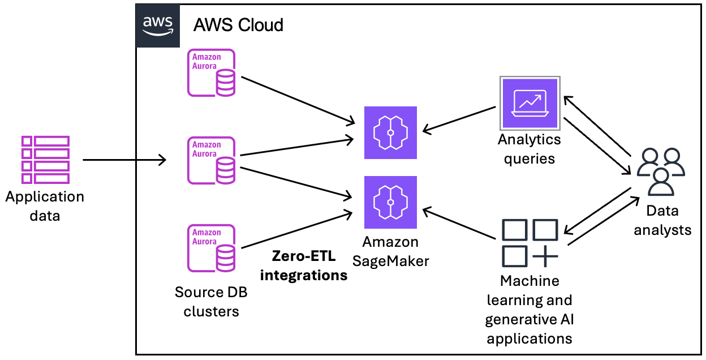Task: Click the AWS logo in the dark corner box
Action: pyautogui.click(x=157, y=25)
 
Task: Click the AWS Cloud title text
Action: pyautogui.click(x=238, y=25)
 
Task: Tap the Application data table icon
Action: pyautogui.click(x=45, y=160)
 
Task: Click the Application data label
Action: pyautogui.click(x=45, y=206)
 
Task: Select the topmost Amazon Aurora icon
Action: pyautogui.click(x=212, y=72)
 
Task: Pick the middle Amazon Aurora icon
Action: pyautogui.click(x=212, y=160)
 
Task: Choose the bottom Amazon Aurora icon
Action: pyautogui.click(x=212, y=248)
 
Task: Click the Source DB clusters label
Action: pyautogui.click(x=211, y=302)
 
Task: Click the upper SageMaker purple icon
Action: pyautogui.click(x=390, y=132)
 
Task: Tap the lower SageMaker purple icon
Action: pyautogui.click(x=390, y=202)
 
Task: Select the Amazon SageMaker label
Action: pyautogui.click(x=391, y=251)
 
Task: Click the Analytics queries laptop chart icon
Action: pyautogui.click(x=529, y=104)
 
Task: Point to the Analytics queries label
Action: pyautogui.click(x=529, y=148)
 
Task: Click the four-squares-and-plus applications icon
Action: pyautogui.click(x=530, y=243)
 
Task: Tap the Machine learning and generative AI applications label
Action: pyautogui.click(x=529, y=310)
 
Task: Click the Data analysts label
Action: pyautogui.click(x=662, y=220)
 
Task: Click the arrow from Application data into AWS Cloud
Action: pyautogui.click(x=124, y=160)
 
